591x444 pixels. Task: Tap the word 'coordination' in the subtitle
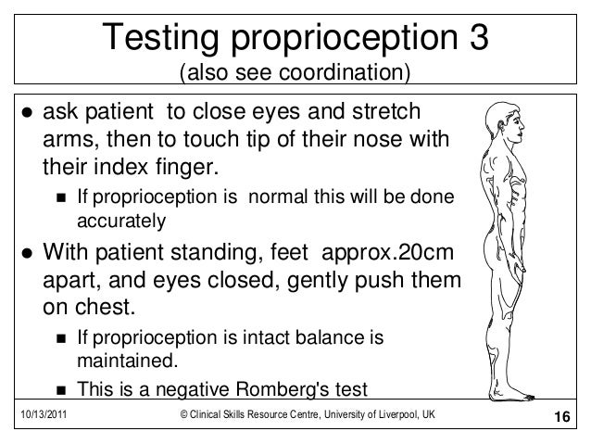[x=353, y=72]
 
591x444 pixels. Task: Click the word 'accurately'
[x=119, y=222]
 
